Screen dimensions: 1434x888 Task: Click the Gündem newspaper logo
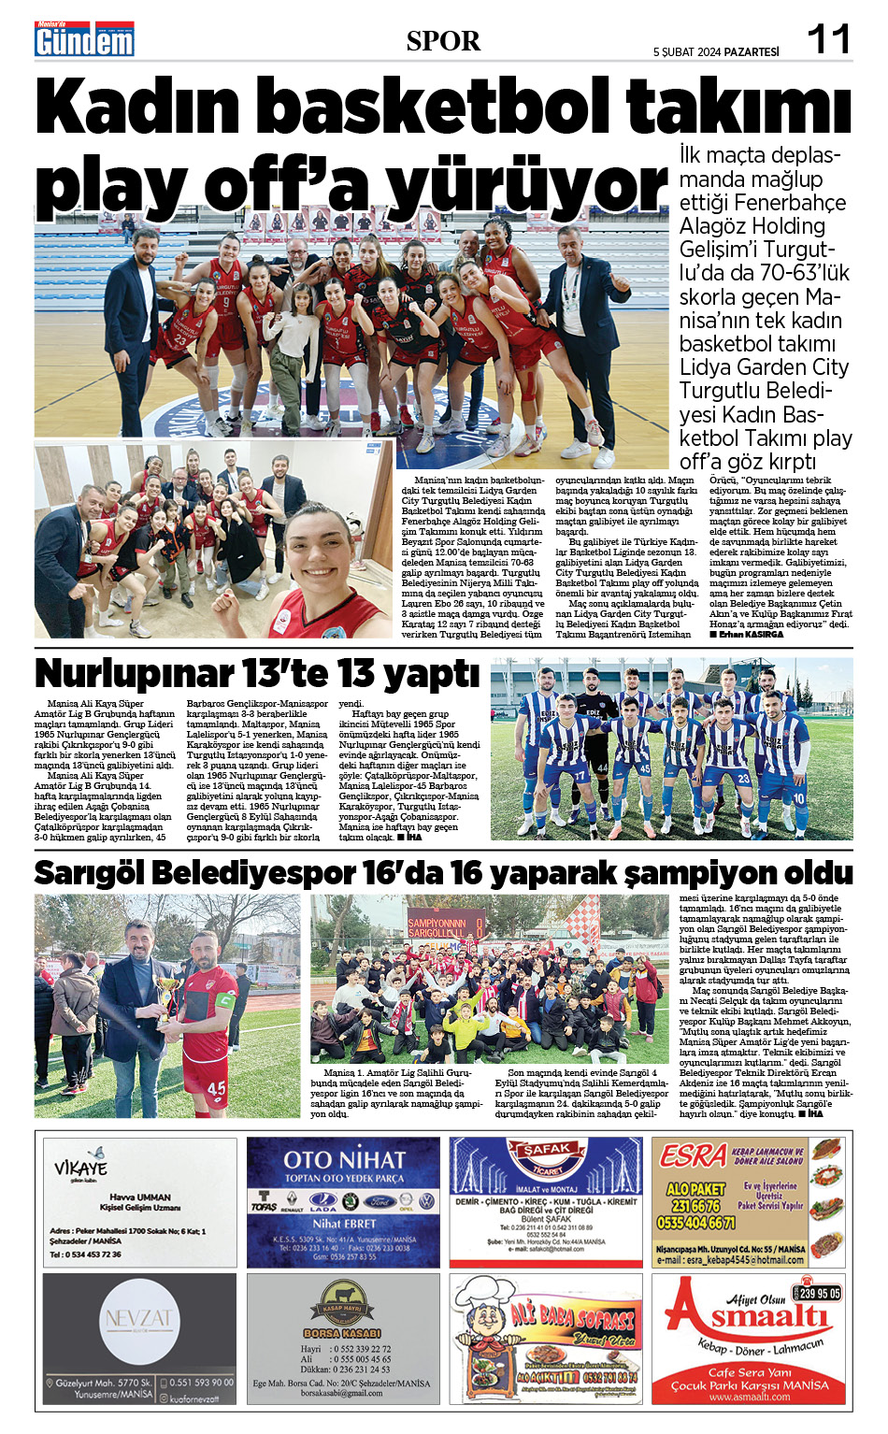[84, 40]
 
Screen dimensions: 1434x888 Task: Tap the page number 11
[828, 39]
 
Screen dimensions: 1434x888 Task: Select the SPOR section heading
[443, 41]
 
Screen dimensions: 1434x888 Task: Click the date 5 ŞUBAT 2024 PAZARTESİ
[715, 52]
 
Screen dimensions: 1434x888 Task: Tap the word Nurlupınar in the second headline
[134, 674]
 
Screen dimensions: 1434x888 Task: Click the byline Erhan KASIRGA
[751, 635]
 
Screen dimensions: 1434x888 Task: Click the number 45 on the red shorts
[216, 1088]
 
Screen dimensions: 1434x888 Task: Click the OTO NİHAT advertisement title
[344, 1160]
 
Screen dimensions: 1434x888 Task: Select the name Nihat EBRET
[343, 1223]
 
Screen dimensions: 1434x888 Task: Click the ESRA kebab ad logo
[693, 1156]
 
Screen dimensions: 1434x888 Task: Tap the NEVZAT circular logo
[138, 1319]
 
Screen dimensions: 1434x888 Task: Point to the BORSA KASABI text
[342, 1333]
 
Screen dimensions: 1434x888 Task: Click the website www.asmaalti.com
[750, 1398]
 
